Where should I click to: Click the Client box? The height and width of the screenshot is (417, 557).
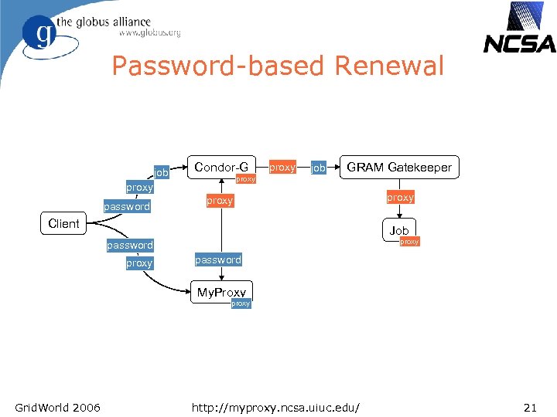tap(63, 224)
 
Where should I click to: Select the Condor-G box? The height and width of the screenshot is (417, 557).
tap(221, 167)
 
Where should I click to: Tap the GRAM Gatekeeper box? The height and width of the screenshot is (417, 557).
tap(399, 167)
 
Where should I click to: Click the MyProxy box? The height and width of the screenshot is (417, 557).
tap(221, 292)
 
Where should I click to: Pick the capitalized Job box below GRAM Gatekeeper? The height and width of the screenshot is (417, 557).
tap(399, 230)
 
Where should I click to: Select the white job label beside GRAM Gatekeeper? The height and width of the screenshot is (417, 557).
tap(318, 168)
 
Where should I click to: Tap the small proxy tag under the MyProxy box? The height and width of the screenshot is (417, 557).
tap(241, 303)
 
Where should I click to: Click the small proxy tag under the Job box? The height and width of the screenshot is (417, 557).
tap(409, 242)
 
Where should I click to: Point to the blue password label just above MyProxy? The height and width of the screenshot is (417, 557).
tap(218, 260)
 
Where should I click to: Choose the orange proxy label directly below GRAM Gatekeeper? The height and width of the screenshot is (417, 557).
tap(400, 198)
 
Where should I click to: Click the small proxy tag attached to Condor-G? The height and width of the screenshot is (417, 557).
tap(245, 179)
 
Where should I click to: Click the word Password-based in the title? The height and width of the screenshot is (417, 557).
tap(220, 66)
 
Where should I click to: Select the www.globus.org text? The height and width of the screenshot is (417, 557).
tap(149, 33)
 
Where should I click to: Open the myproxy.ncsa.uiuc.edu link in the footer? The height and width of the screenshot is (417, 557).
tap(279, 406)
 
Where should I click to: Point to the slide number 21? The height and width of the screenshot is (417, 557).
tap(530, 406)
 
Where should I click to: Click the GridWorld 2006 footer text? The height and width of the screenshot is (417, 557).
tap(57, 406)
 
